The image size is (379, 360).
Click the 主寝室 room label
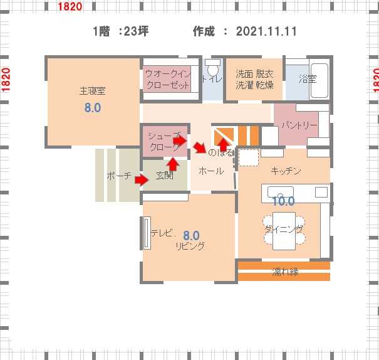pos(92,91)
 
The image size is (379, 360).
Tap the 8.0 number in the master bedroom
pos(92,107)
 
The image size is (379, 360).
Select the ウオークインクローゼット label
pos(168,79)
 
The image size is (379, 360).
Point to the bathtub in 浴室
pos(319,80)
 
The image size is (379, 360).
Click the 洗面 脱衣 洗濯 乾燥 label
pos(254,80)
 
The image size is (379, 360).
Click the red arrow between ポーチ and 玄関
pos(142,180)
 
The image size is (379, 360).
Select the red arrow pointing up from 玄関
pos(173,164)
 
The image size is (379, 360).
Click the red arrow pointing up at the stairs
pos(224,145)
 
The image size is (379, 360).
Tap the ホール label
pos(211,171)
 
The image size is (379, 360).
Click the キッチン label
pos(286,171)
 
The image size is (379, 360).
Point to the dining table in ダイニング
pos(284,231)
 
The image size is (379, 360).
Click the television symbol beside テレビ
pos(147,233)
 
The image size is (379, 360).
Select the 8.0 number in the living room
pos(191,235)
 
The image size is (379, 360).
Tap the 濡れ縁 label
pos(285,272)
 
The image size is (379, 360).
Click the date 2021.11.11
pos(266,31)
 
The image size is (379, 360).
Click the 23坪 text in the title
pos(136,31)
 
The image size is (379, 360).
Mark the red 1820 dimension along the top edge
pos(70,6)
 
